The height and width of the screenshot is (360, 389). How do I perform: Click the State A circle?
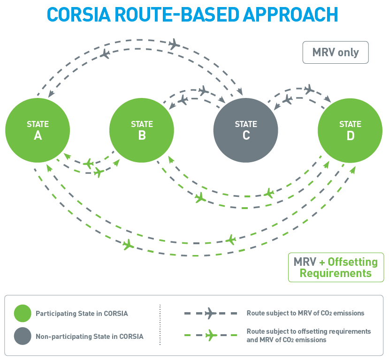[x=38, y=130]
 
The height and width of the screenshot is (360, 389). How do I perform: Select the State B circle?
[x=142, y=130]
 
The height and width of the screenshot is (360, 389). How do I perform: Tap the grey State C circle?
[x=246, y=130]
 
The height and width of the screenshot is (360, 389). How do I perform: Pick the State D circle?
[x=350, y=130]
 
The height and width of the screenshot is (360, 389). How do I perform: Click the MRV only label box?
[x=336, y=52]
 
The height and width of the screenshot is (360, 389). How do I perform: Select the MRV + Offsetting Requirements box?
[x=336, y=267]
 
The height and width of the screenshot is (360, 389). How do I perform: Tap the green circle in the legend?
[x=23, y=313]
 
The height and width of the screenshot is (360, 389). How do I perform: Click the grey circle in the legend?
[x=23, y=336]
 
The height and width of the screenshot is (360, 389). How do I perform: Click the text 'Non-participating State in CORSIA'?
[x=89, y=336]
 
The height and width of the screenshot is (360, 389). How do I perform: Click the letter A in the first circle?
[x=38, y=135]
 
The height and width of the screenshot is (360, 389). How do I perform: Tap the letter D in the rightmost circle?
[x=350, y=135]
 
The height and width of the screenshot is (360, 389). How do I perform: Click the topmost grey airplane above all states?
[x=174, y=45]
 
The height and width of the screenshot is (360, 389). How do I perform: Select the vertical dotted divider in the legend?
[x=160, y=324]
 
